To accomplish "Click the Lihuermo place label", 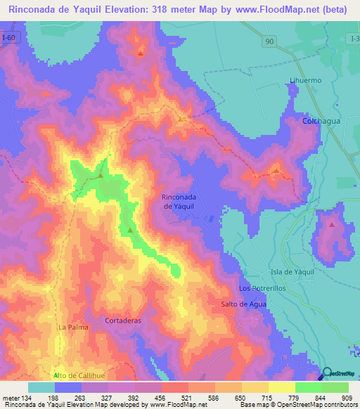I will tap(305, 80).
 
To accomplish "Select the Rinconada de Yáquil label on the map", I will tap(179, 202).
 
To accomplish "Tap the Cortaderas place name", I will tap(123, 320).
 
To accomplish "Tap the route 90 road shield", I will tap(269, 43).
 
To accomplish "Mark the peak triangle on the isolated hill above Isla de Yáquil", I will tap(331, 225).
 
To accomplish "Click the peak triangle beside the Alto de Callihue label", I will tap(55, 376).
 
